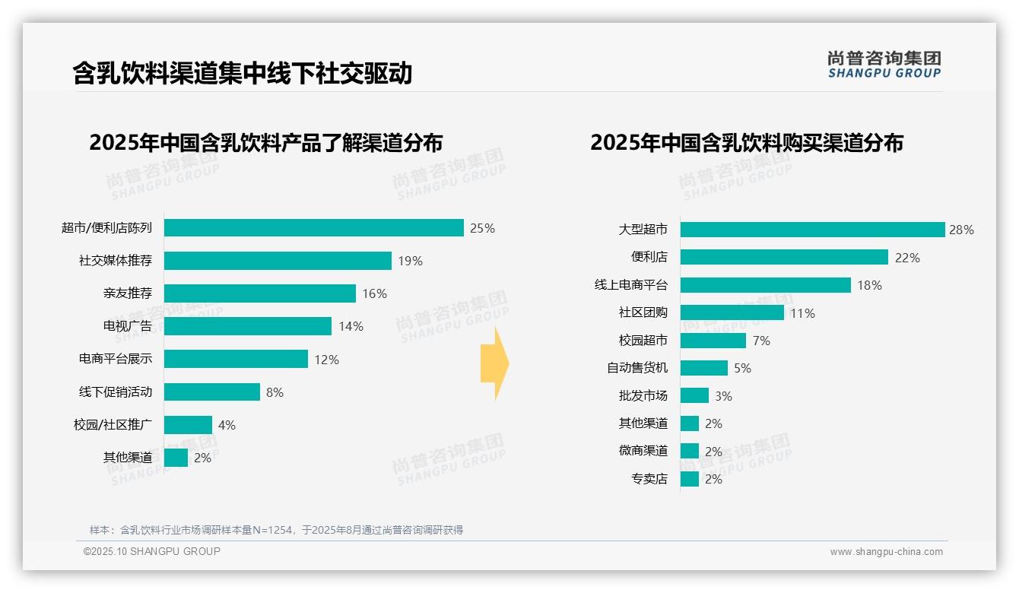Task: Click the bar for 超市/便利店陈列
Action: pyautogui.click(x=313, y=228)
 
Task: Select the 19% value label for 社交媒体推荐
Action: pyautogui.click(x=410, y=261)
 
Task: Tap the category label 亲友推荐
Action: pyautogui.click(x=128, y=293)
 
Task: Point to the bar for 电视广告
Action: pyautogui.click(x=247, y=326)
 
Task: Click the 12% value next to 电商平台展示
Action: pyautogui.click(x=326, y=360)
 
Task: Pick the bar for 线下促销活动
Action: pyautogui.click(x=211, y=392)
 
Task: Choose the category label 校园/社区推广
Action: pyautogui.click(x=113, y=425)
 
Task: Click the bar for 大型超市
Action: pyautogui.click(x=812, y=230)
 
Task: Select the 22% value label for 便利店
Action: pyautogui.click(x=907, y=258)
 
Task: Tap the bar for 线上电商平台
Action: pyautogui.click(x=765, y=285)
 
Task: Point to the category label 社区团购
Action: pyautogui.click(x=643, y=312)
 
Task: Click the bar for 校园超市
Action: pyautogui.click(x=713, y=341)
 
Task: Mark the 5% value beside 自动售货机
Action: pyautogui.click(x=742, y=368)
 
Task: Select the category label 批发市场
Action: pyautogui.click(x=643, y=396)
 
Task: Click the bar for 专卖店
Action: pyautogui.click(x=689, y=479)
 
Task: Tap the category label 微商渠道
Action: pyautogui.click(x=643, y=451)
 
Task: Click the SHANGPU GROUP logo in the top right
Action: pyautogui.click(x=884, y=65)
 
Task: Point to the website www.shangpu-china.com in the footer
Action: pyautogui.click(x=886, y=552)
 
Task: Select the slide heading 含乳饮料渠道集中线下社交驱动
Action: pyautogui.click(x=243, y=73)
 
